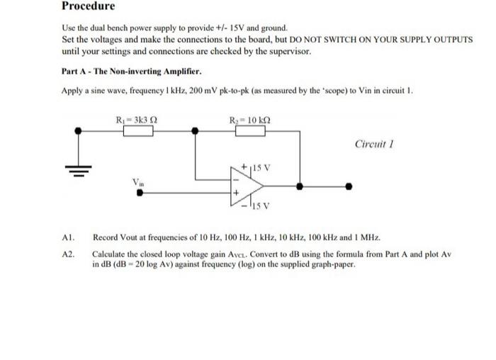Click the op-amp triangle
[x=244, y=186]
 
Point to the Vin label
[x=138, y=181]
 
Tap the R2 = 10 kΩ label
[x=249, y=118]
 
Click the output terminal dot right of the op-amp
[x=347, y=187]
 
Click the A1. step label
[x=68, y=239]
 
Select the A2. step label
[x=68, y=253]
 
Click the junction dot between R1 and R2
[x=192, y=130]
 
